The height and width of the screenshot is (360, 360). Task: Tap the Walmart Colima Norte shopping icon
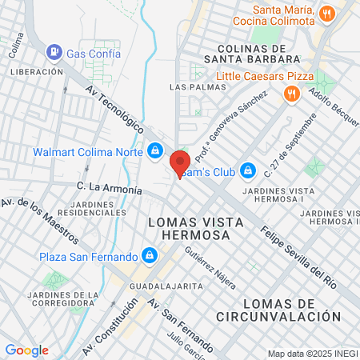tap(154, 150)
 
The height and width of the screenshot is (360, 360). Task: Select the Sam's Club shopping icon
tap(248, 170)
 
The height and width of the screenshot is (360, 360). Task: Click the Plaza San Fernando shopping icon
tap(148, 256)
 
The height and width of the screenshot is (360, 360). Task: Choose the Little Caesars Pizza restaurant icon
tap(292, 94)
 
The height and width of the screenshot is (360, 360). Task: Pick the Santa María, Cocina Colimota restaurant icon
tap(326, 14)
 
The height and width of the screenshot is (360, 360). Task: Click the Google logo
tap(26, 350)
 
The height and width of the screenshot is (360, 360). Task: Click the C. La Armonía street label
tap(110, 188)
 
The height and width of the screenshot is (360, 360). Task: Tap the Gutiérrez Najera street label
tap(210, 266)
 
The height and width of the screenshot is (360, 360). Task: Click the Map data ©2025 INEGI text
tap(311, 353)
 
